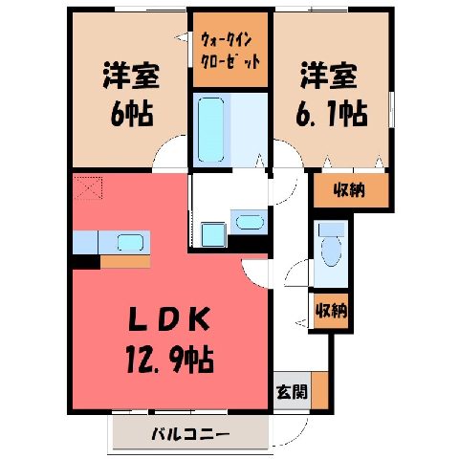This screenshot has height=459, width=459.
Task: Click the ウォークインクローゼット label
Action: point(229,51)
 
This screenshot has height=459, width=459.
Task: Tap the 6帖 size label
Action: point(132,114)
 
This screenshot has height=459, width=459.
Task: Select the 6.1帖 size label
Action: point(332,114)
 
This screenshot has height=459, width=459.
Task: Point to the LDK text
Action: point(169,318)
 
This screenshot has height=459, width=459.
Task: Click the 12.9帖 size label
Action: point(169,361)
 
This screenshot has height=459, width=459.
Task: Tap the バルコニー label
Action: point(190,434)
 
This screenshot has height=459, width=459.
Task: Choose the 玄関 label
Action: point(292,391)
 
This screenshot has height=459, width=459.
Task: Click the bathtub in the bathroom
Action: point(210,129)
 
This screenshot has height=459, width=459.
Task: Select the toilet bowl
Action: point(331,252)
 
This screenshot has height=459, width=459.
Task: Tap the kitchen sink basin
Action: point(130,243)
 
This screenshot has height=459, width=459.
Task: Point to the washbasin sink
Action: point(250,222)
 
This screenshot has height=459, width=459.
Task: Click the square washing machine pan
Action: point(213,235)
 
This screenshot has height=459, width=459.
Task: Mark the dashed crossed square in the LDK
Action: point(88,187)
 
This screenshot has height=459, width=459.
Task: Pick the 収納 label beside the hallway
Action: point(331,310)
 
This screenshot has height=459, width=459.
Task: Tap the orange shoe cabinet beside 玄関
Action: point(319,390)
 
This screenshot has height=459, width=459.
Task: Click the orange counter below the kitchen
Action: point(125,261)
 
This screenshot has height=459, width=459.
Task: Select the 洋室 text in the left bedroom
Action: point(131,76)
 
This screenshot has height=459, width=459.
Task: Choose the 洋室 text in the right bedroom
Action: point(329,76)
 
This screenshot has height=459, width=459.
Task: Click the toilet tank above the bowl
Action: point(332,229)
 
